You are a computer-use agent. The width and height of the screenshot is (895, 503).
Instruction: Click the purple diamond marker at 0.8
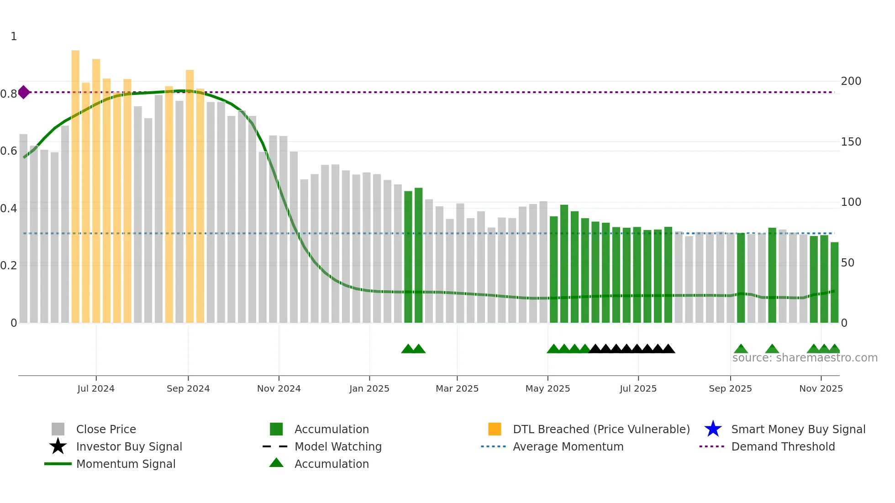[24, 92]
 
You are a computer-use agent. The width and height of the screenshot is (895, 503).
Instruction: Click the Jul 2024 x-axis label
[96, 388]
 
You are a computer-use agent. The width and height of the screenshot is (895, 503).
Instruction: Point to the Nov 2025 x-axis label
[821, 388]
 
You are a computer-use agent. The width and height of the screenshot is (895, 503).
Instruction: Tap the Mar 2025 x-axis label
[457, 388]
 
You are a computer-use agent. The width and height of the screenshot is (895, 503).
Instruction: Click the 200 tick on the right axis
[851, 81]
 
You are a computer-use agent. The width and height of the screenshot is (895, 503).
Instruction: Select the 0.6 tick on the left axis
[9, 151]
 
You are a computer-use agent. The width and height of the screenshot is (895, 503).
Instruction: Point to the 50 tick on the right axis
[848, 263]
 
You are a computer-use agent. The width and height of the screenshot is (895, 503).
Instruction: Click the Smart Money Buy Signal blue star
[713, 429]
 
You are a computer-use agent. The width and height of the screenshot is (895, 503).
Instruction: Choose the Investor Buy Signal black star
[58, 446]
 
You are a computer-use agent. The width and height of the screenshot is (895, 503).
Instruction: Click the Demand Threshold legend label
[783, 446]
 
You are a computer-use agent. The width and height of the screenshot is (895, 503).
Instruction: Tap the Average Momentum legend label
[568, 446]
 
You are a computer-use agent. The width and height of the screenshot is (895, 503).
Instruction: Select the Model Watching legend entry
[338, 446]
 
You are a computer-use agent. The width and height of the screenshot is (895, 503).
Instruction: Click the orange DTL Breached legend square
[495, 429]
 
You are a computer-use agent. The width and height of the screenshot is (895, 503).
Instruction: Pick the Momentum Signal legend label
[126, 464]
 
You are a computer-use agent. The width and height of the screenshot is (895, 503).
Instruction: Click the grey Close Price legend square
[58, 429]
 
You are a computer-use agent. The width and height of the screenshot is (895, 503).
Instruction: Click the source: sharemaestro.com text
[805, 358]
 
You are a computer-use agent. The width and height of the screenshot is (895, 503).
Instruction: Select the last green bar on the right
[834, 283]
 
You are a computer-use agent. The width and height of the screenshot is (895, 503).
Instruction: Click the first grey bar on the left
[23, 228]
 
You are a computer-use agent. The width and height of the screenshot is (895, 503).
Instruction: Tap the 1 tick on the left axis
[14, 37]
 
